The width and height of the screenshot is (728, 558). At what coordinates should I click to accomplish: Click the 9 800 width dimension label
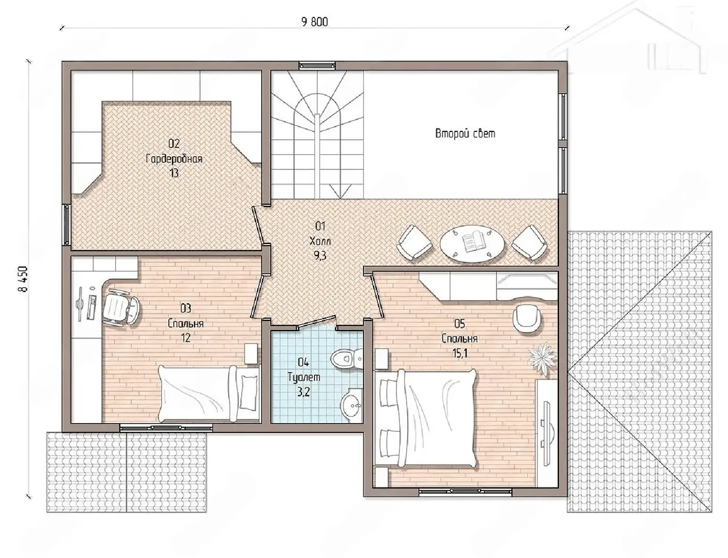[x=315, y=22]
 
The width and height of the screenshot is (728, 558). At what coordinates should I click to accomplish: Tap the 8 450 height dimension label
[x=24, y=279]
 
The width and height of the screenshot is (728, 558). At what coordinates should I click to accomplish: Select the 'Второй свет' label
[x=465, y=134]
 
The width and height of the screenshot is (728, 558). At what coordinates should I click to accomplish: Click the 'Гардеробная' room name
[x=174, y=159]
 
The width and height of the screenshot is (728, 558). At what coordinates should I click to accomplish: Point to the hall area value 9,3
[x=320, y=256]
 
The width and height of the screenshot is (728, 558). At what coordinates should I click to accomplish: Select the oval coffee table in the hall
[x=473, y=243]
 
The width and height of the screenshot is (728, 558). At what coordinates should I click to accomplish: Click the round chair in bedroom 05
[x=527, y=317]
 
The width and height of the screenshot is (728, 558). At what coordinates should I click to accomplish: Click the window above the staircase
[x=317, y=65]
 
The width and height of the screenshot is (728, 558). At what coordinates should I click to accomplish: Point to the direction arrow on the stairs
[x=340, y=191]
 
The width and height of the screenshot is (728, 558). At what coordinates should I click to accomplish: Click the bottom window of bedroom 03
[x=166, y=427]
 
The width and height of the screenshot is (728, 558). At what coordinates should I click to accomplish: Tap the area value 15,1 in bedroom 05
[x=460, y=353]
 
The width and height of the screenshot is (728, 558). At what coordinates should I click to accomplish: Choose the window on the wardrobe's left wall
[x=67, y=225]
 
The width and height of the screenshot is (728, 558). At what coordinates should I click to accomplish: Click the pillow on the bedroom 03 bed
[x=247, y=392]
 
